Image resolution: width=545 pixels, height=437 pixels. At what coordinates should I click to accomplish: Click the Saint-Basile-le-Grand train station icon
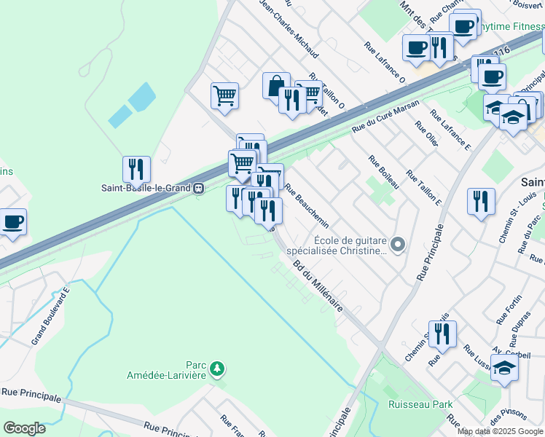pyautogui.click(x=197, y=188)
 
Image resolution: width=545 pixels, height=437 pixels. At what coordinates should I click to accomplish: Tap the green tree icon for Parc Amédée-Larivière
pyautogui.click(x=216, y=370)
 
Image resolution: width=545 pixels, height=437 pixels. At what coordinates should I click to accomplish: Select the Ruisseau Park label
pyautogui.click(x=420, y=404)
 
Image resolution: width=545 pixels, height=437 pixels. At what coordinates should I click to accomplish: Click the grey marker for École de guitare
pyautogui.click(x=397, y=245)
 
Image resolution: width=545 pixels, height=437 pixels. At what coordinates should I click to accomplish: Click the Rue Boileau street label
pyautogui.click(x=383, y=173)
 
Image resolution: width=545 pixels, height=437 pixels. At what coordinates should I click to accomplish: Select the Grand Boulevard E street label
pyautogui.click(x=50, y=316)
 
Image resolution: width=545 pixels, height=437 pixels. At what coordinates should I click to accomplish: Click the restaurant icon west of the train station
pyautogui.click(x=136, y=170)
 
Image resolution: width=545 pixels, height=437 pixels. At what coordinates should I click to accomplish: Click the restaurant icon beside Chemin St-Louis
pyautogui.click(x=481, y=201)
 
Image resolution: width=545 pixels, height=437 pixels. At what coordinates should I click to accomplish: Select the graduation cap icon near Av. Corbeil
pyautogui.click(x=504, y=369)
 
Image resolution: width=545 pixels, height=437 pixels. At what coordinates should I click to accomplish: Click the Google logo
pyautogui.click(x=24, y=428)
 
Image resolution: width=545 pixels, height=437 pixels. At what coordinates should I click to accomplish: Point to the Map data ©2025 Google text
pyautogui.click(x=500, y=431)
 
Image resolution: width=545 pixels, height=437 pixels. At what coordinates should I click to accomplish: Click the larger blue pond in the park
pyautogui.click(x=142, y=96)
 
